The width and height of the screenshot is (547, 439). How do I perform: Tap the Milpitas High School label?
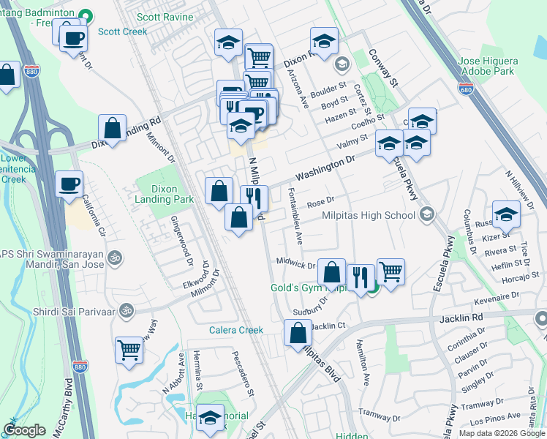pyautogui.click(x=369, y=215)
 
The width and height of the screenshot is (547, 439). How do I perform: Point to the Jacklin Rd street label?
pyautogui.click(x=462, y=318)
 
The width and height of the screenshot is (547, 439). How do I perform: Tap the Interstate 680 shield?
pyautogui.click(x=466, y=89)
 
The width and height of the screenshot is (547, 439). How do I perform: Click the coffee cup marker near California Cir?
pyautogui.click(x=69, y=184)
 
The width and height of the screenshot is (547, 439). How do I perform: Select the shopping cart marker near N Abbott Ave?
pyautogui.click(x=129, y=350)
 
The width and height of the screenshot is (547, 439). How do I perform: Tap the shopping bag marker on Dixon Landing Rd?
pyautogui.click(x=113, y=128)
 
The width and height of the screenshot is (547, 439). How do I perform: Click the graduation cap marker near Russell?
pyautogui.click(x=506, y=214)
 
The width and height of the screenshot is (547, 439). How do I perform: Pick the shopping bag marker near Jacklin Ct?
pyautogui.click(x=298, y=334)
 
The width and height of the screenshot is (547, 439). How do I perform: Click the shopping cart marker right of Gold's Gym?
pyautogui.click(x=391, y=271)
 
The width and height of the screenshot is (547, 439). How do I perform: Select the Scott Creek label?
pyautogui.click(x=123, y=31)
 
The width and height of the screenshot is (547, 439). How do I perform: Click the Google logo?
pyautogui.click(x=25, y=430)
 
